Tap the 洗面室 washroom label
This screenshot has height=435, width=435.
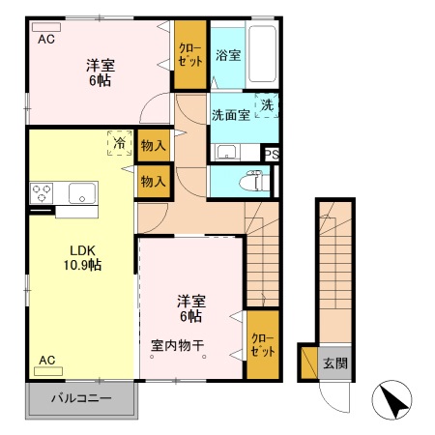point(231,114)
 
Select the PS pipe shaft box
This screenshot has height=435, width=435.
point(272,154)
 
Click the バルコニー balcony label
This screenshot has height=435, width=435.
point(81,398)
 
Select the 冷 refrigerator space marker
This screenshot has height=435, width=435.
point(120,143)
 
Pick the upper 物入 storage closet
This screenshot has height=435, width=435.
point(153,146)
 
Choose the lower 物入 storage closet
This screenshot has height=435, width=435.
point(153,181)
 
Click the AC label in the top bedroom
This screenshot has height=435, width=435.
point(46,40)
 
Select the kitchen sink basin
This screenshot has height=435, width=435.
point(79,191)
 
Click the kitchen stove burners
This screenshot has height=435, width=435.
point(43,192)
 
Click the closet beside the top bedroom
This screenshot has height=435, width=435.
point(188,56)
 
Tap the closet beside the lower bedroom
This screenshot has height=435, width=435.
point(262,344)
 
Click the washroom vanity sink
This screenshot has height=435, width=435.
point(226,152)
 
